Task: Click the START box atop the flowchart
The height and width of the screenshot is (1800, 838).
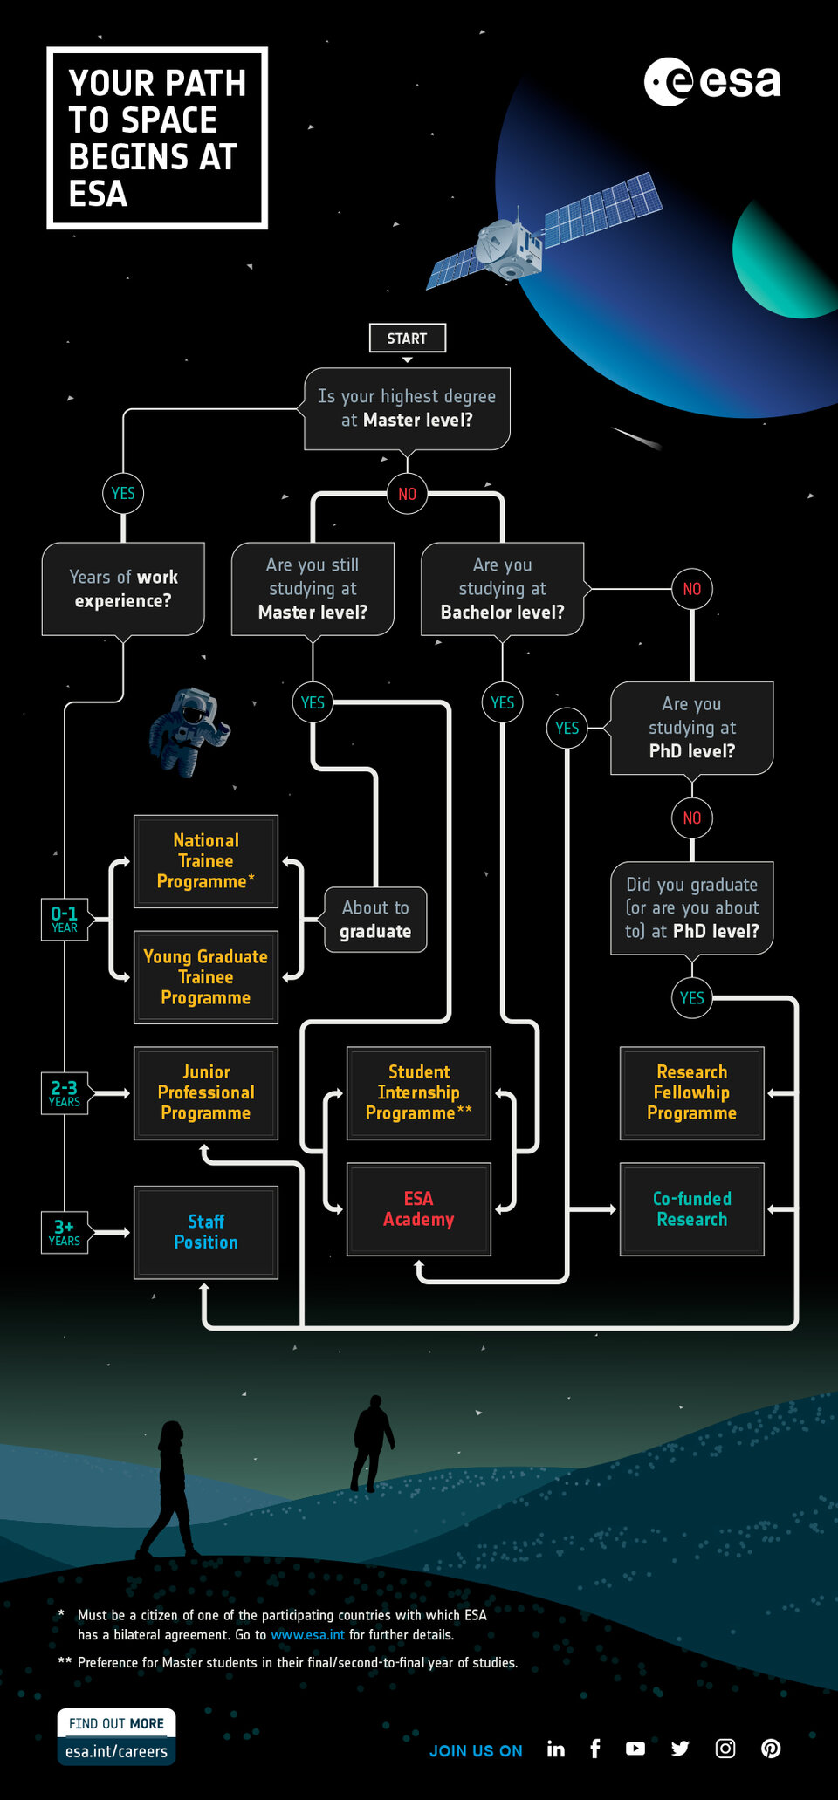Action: pyautogui.click(x=407, y=338)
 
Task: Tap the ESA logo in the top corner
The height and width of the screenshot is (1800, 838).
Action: pyautogui.click(x=712, y=82)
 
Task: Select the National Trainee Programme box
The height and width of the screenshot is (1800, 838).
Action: pyautogui.click(x=206, y=861)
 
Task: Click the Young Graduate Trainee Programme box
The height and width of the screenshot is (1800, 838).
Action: pyautogui.click(x=206, y=977)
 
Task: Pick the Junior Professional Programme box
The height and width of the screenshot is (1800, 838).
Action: pyautogui.click(x=206, y=1092)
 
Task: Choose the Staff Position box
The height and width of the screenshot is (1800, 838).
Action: pyautogui.click(x=206, y=1232)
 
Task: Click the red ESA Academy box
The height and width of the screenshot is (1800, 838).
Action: pyautogui.click(x=418, y=1208)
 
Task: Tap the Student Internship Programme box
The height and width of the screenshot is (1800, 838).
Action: pyautogui.click(x=418, y=1092)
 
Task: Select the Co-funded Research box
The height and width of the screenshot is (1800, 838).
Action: pyautogui.click(x=691, y=1208)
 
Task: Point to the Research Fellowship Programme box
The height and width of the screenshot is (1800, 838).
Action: pyautogui.click(x=691, y=1092)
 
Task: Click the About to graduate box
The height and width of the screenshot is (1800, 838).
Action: pyautogui.click(x=375, y=920)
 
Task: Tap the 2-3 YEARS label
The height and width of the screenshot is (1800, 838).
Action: pyautogui.click(x=65, y=1093)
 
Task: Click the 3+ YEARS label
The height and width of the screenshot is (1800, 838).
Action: pyautogui.click(x=65, y=1232)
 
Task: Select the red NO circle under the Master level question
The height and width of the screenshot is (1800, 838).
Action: pyautogui.click(x=407, y=494)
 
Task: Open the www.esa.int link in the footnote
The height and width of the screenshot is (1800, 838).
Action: pyautogui.click(x=307, y=1635)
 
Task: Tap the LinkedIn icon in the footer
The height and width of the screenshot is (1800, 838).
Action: pyautogui.click(x=556, y=1749)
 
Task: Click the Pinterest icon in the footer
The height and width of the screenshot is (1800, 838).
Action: pyautogui.click(x=771, y=1749)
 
